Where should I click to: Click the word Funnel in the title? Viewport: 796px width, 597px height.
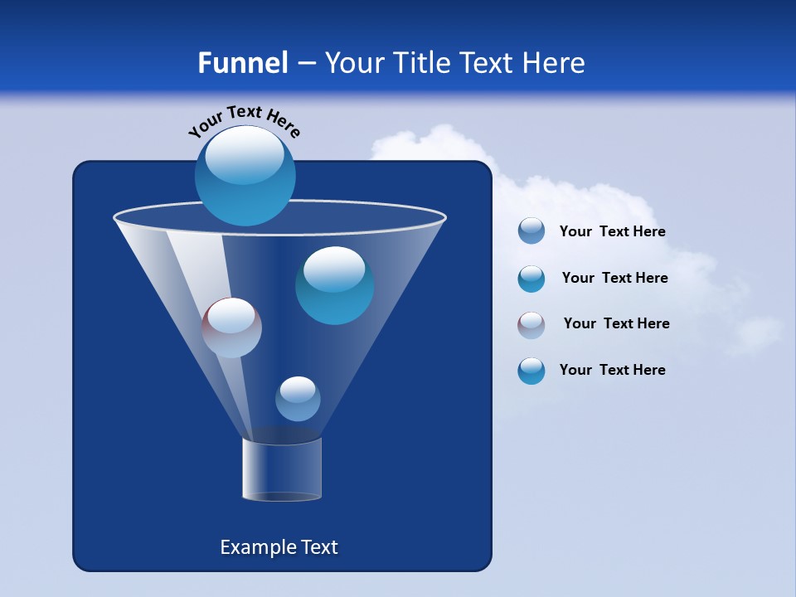tap(243, 63)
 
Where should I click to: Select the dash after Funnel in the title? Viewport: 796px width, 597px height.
tap(305, 64)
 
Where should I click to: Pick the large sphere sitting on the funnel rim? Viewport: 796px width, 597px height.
tap(245, 176)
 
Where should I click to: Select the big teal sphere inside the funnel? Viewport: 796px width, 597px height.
tap(334, 285)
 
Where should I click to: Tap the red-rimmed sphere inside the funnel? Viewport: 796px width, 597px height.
tap(231, 328)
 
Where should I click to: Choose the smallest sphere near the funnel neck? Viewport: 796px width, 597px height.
tap(298, 399)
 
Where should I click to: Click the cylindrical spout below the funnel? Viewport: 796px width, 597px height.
tap(282, 469)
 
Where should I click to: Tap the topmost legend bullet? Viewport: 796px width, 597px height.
tap(531, 231)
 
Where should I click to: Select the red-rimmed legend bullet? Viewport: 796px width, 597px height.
tap(531, 325)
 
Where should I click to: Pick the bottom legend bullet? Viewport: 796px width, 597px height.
tap(531, 371)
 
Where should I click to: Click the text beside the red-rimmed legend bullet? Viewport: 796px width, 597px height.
tap(617, 323)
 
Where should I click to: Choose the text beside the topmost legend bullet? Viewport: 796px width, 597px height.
tap(613, 231)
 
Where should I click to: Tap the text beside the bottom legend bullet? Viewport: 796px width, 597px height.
tap(613, 370)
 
